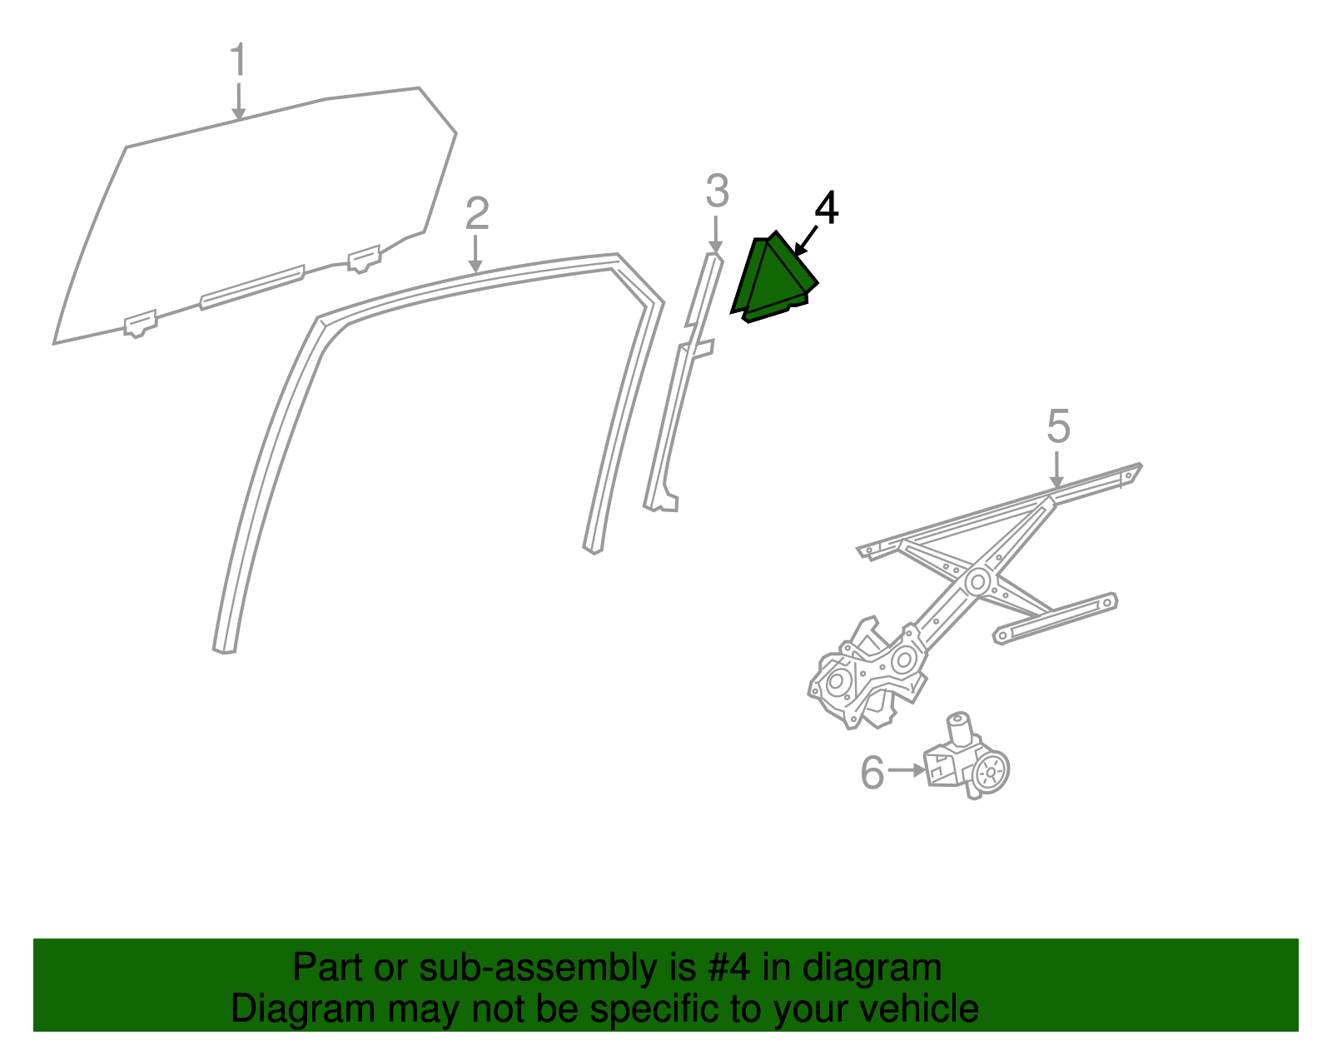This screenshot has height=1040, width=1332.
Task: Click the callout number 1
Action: point(239,61)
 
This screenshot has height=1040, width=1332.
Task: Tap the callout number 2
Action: point(476,214)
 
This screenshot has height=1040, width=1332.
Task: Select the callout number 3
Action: point(717,192)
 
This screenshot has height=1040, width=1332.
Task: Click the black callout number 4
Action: point(826,208)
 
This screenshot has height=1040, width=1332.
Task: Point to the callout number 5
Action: point(1058,427)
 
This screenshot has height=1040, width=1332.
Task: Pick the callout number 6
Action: point(872,773)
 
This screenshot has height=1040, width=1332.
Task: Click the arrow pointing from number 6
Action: point(907,770)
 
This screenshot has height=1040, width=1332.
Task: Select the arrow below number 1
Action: point(239,102)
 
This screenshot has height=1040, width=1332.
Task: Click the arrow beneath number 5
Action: point(1056,470)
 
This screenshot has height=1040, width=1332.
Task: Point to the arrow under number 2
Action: point(475,254)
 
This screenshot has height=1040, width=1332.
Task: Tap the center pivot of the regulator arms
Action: point(978,580)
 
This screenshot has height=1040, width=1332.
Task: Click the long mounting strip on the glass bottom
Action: point(251,286)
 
